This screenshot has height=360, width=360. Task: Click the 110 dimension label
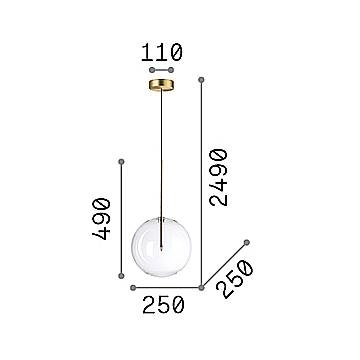162,52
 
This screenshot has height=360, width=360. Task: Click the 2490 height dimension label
218,177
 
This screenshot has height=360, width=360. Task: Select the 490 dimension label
101,219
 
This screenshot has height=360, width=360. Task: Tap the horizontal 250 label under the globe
163,305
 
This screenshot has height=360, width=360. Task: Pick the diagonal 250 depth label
235,279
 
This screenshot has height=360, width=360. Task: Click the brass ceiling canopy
161,85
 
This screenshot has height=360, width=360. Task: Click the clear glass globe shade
161,247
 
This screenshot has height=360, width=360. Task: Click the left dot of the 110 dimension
152,70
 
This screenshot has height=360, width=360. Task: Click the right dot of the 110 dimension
171,70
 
